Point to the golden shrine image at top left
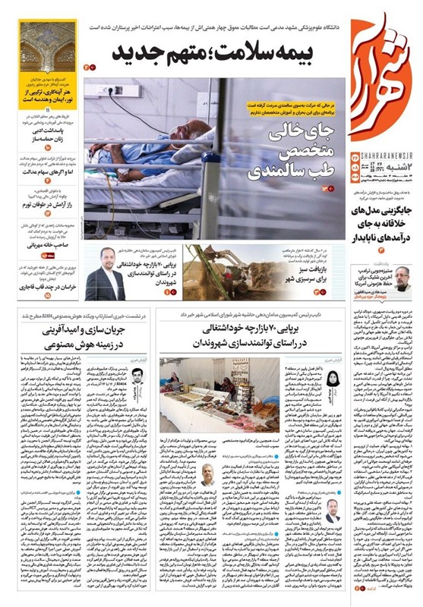pyautogui.click(x=48, y=47)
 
